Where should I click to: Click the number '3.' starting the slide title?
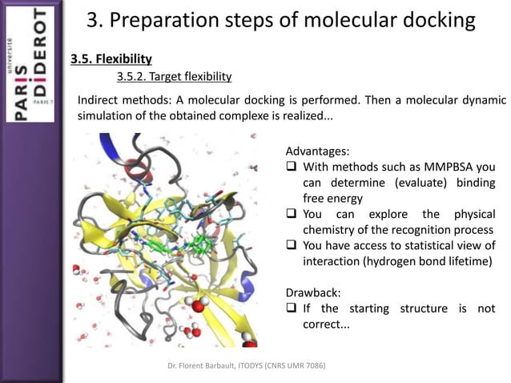[x=95, y=20]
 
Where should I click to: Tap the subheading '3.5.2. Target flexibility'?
[x=174, y=77]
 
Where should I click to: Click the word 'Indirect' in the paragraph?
[x=101, y=100]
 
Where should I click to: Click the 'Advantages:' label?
[x=317, y=151]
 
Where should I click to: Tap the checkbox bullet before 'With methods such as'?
[x=292, y=167]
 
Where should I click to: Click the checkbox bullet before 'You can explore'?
[x=292, y=215]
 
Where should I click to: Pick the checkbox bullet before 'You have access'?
[x=292, y=246]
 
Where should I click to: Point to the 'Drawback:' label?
[x=312, y=292]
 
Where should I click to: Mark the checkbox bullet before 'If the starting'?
[x=292, y=308]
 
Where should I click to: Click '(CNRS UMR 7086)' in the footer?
[x=300, y=366]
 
